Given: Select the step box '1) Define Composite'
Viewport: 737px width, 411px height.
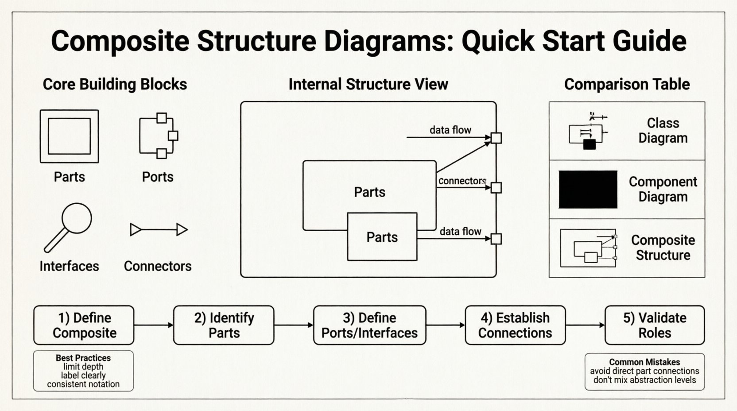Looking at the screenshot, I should pos(84,325).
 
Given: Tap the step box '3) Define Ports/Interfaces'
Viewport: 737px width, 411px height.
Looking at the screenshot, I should pos(369,325).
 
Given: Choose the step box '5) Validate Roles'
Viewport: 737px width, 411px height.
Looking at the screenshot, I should pos(654,325).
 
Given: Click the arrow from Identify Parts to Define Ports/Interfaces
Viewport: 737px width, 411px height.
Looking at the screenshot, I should pos(293,325).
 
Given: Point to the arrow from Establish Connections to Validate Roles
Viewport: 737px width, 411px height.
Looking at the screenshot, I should pos(585,325).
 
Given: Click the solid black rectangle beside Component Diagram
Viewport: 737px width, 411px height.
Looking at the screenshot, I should pos(588,190).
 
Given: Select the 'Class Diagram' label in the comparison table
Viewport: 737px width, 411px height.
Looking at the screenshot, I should pos(663,131).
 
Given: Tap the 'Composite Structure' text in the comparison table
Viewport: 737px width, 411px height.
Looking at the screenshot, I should pos(663,248).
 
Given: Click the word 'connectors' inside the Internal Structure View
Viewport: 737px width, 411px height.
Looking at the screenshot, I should pos(462,181).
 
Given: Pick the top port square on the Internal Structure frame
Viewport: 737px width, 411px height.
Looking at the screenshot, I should pos(496,138).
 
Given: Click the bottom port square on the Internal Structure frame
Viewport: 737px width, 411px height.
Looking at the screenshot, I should pos(496,239).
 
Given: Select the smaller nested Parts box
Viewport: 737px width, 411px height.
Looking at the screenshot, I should pos(382,237).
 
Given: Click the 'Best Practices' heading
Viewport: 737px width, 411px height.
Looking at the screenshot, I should pos(83,358).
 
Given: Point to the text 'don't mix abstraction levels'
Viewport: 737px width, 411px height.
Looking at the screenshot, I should pos(644,380).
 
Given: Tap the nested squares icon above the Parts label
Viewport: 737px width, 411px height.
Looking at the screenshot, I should pos(69,136).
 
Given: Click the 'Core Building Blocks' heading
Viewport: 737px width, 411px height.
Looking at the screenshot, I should pos(115,84).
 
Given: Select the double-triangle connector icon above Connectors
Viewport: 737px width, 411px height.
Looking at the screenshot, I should pos(159,229).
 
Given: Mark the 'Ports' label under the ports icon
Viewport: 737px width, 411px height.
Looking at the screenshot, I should pos(157,177).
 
